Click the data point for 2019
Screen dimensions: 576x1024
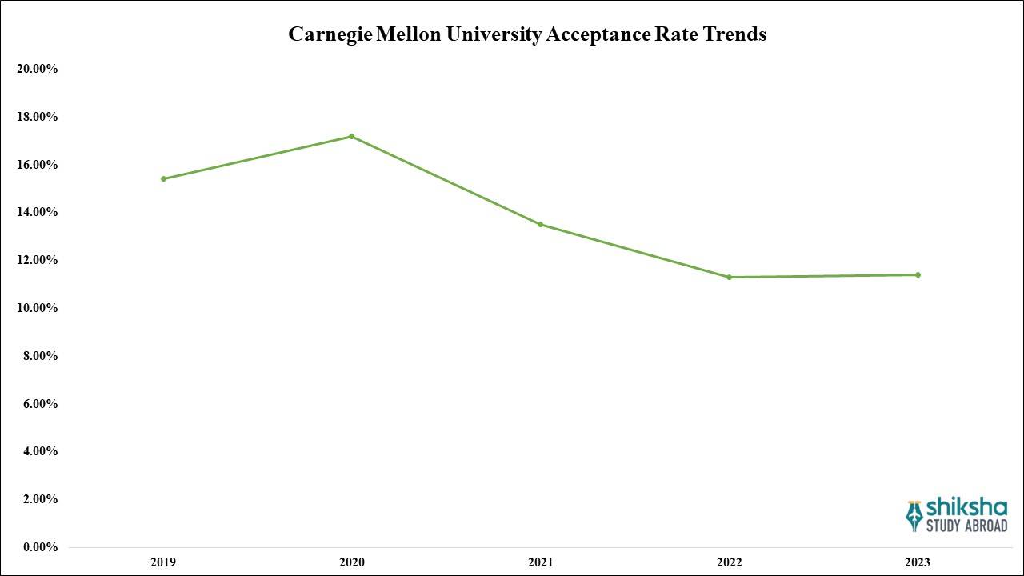point(163,178)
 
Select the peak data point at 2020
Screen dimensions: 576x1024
point(351,136)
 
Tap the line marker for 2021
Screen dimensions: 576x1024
point(540,224)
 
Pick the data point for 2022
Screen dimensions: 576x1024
point(729,277)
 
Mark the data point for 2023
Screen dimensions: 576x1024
point(918,274)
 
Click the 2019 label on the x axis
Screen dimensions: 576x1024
point(162,562)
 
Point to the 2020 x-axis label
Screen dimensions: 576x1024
point(351,562)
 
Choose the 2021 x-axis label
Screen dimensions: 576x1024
point(540,562)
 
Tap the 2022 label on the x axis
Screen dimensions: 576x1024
point(729,562)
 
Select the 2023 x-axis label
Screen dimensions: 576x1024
point(918,562)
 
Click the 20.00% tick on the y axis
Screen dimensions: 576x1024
point(37,69)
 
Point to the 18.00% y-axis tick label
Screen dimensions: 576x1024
point(37,117)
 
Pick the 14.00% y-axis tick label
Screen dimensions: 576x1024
point(37,212)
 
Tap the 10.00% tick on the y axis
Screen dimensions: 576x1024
point(37,308)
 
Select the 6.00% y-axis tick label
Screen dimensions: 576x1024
point(37,404)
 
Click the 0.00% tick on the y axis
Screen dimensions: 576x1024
point(37,547)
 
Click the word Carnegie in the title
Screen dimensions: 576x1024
point(324,34)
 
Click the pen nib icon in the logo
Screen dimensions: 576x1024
point(914,516)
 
